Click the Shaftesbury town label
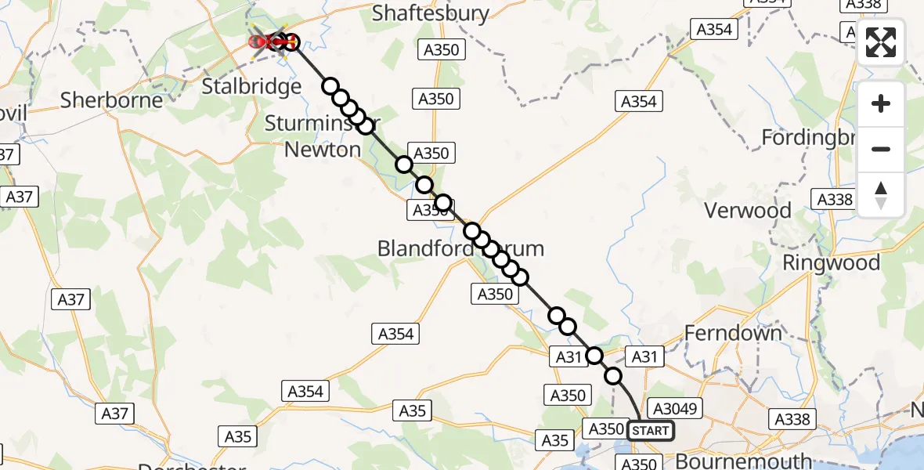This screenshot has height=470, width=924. (431, 13)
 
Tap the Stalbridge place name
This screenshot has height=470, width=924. (251, 85)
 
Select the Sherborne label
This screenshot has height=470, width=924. (112, 100)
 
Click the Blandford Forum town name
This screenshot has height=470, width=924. (460, 249)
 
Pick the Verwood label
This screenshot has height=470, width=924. (748, 210)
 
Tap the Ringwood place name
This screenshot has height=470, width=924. (832, 262)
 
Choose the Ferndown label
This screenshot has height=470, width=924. (733, 333)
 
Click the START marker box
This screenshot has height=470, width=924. (650, 431)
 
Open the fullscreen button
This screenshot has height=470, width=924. (881, 43)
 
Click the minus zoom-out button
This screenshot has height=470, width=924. (881, 149)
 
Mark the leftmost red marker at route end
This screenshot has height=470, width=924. (255, 42)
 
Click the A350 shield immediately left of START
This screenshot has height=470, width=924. (605, 428)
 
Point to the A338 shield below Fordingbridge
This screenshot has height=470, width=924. (835, 200)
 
